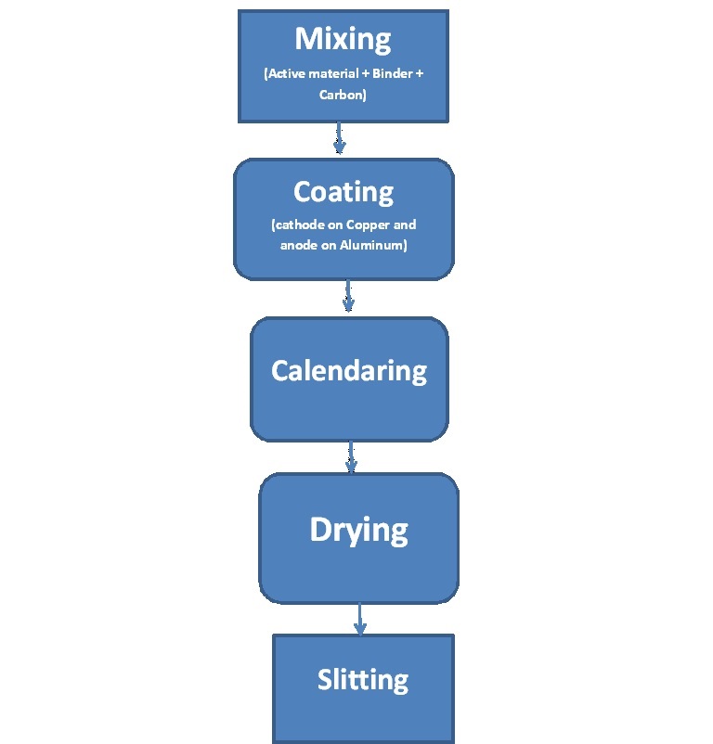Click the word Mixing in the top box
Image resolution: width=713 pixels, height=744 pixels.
(343, 40)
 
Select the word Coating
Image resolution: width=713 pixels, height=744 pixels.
(344, 192)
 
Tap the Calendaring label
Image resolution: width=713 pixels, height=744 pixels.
(349, 371)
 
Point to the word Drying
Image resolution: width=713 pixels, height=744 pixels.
(358, 531)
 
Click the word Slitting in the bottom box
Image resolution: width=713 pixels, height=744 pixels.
(363, 680)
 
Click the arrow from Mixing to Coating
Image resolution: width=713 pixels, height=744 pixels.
(340, 139)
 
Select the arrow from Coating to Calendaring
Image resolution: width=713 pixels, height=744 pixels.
(348, 297)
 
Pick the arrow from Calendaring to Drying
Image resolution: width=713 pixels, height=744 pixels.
(352, 456)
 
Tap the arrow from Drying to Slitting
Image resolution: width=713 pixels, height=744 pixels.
(360, 619)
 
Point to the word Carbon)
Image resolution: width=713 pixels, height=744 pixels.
(344, 94)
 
